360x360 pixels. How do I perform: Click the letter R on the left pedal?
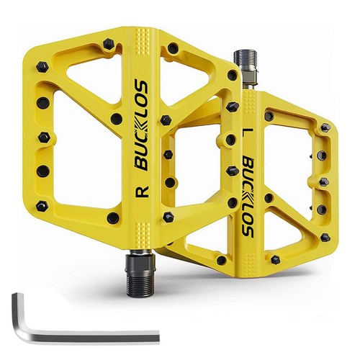(143, 192)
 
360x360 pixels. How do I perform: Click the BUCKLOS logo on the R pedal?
(142, 125)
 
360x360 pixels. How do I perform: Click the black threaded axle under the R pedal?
(140, 273)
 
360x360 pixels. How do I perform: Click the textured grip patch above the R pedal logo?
(143, 40)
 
